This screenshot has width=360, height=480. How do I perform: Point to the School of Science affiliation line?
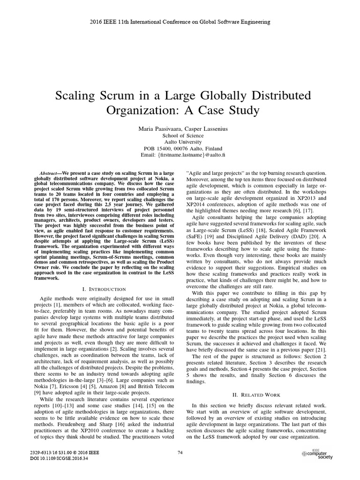click(180, 135)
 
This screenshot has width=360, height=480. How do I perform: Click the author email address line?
click(180, 155)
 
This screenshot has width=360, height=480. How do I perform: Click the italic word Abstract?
click(48, 173)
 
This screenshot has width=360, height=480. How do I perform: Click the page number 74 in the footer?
click(180, 452)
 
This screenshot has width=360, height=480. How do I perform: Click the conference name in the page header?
click(180, 22)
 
